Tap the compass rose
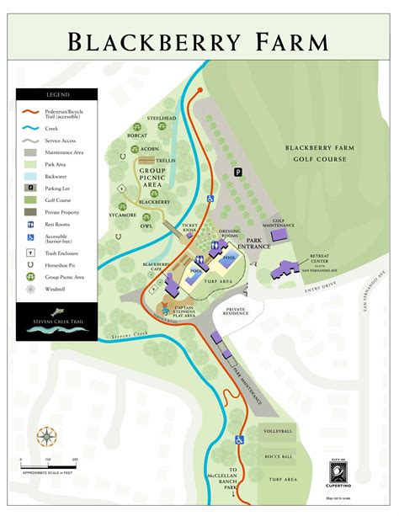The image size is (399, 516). point(47,438)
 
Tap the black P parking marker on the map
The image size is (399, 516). point(237,172)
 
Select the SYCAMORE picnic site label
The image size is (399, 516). point(124,215)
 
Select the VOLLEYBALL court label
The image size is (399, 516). point(277,431)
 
